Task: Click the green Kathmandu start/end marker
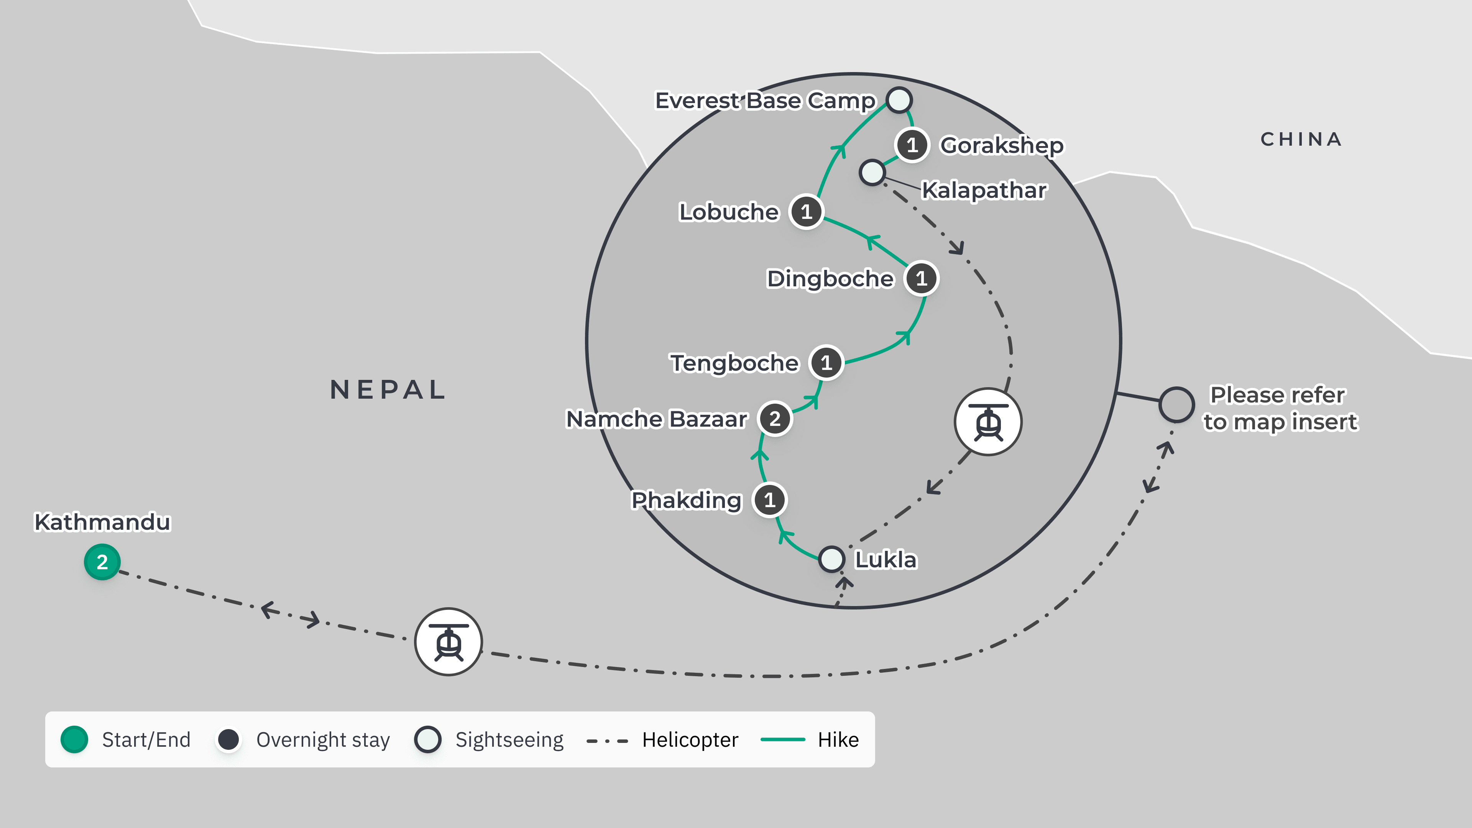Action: point(102,562)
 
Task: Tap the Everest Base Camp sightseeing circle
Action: point(899,100)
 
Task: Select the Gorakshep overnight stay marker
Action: point(912,145)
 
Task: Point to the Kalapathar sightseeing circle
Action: point(872,172)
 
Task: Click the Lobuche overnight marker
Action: point(806,212)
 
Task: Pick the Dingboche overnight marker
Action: point(921,279)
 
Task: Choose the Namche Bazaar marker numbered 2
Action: point(775,419)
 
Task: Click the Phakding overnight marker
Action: point(770,500)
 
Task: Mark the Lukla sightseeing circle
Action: point(831,559)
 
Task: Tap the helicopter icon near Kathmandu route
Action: point(449,642)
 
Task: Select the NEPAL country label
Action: point(388,390)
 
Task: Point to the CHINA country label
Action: point(1301,139)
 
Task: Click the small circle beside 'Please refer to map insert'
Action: point(1176,404)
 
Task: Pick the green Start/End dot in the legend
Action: point(74,739)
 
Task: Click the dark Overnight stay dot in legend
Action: point(228,739)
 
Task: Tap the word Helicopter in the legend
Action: point(690,739)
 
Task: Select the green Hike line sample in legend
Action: point(782,739)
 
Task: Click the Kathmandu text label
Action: point(102,522)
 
